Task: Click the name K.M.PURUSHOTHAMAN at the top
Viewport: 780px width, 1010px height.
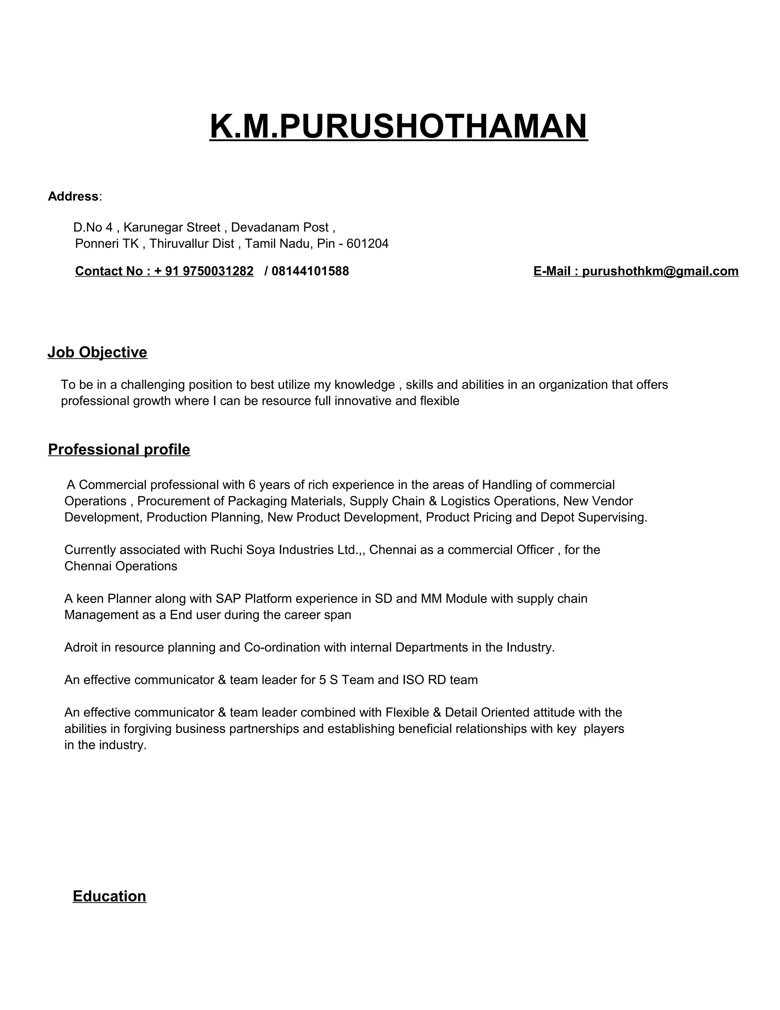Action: [398, 126]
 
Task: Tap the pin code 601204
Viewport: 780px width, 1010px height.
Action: [368, 244]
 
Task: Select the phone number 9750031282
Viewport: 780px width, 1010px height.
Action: [218, 271]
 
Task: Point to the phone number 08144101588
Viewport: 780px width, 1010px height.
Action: [310, 271]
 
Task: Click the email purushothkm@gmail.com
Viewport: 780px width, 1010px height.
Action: [660, 271]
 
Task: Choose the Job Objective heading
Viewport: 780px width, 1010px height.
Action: [97, 353]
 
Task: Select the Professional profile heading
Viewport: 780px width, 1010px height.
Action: [119, 449]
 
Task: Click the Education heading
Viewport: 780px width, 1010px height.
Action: [110, 896]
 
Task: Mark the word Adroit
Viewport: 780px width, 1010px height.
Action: [81, 648]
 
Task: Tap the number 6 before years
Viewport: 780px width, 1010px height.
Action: [252, 485]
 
